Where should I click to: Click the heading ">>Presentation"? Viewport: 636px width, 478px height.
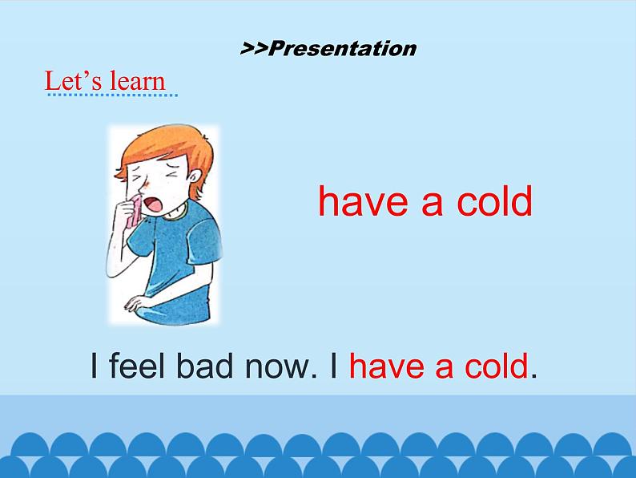328,48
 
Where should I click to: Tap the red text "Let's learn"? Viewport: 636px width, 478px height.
105,81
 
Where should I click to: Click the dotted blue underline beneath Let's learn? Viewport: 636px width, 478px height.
112,95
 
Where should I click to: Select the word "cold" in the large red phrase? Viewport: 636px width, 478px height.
494,201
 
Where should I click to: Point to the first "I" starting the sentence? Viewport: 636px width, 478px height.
95,367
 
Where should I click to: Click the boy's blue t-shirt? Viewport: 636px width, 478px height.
181,257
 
